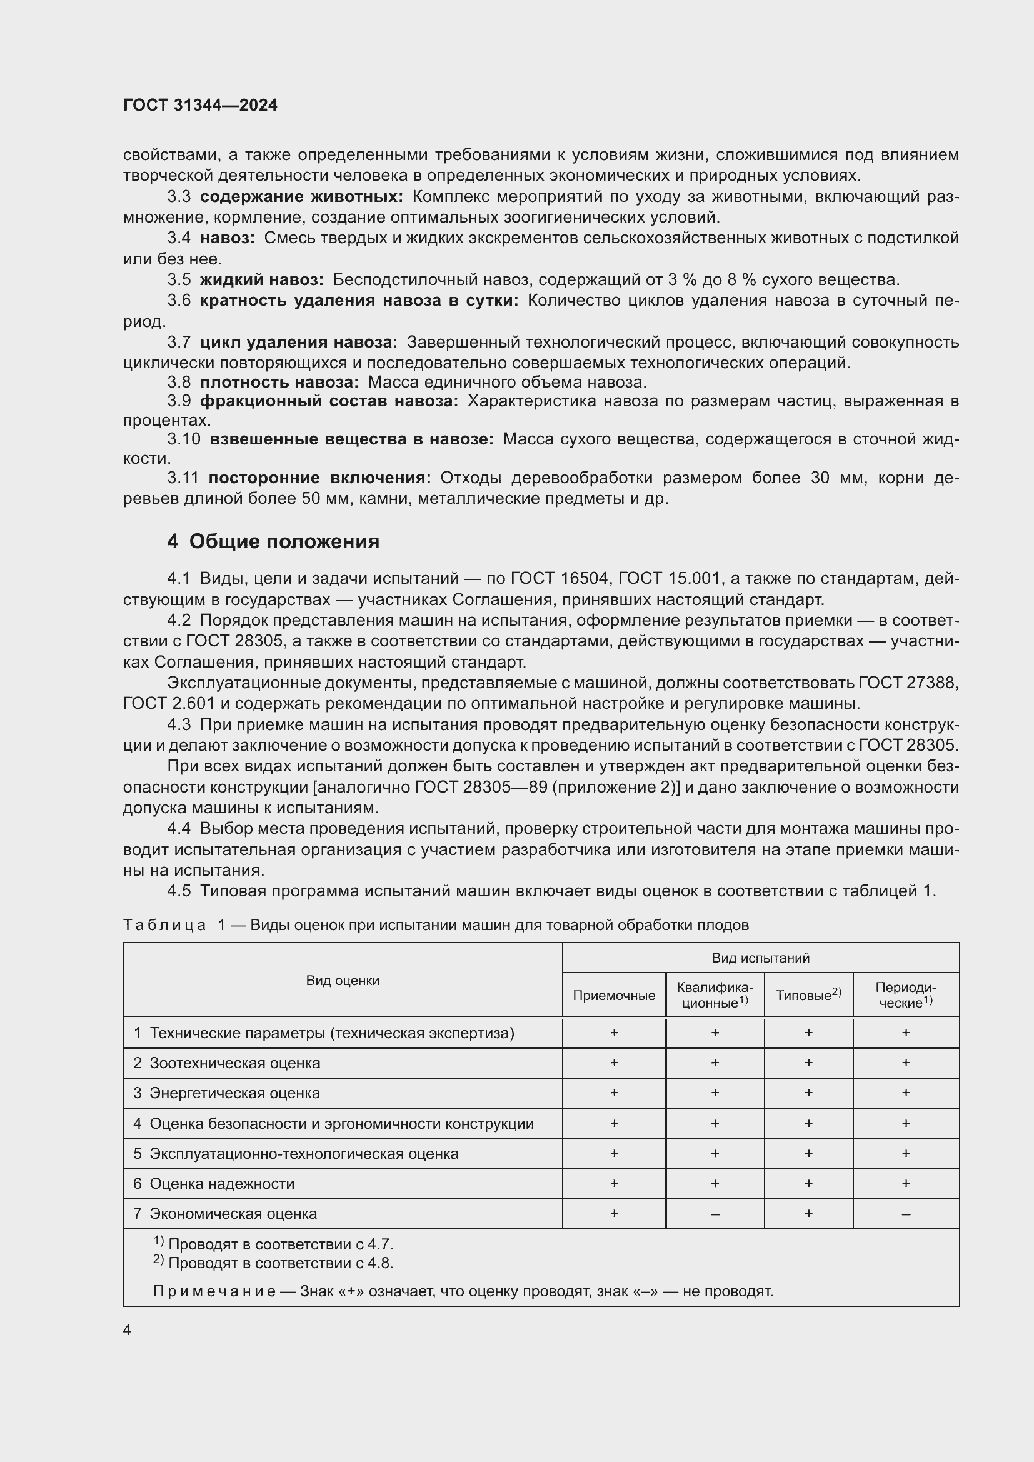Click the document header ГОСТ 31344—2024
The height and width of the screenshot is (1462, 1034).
click(x=200, y=106)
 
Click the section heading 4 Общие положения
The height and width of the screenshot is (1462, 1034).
click(x=273, y=541)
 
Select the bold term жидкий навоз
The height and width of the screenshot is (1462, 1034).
click(x=262, y=279)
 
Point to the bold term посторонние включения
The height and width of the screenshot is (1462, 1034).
click(x=319, y=478)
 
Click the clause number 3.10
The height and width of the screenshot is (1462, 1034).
click(x=183, y=439)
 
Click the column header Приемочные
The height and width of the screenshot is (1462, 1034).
click(x=614, y=995)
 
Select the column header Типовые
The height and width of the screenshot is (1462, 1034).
click(x=807, y=995)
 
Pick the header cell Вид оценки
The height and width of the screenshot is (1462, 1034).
click(x=343, y=981)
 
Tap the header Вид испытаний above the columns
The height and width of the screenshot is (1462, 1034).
click(x=760, y=958)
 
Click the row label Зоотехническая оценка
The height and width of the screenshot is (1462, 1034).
click(x=234, y=1063)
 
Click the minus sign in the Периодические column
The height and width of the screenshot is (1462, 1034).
click(x=905, y=1214)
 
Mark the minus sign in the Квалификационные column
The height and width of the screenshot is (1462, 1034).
click(x=715, y=1214)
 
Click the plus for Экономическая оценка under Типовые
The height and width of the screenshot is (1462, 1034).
click(x=808, y=1214)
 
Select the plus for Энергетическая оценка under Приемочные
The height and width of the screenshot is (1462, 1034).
click(x=614, y=1093)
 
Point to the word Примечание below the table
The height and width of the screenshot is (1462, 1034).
click(x=214, y=1291)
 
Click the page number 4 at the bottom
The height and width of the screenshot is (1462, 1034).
click(x=128, y=1330)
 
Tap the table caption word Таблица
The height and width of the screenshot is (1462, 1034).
click(x=164, y=925)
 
